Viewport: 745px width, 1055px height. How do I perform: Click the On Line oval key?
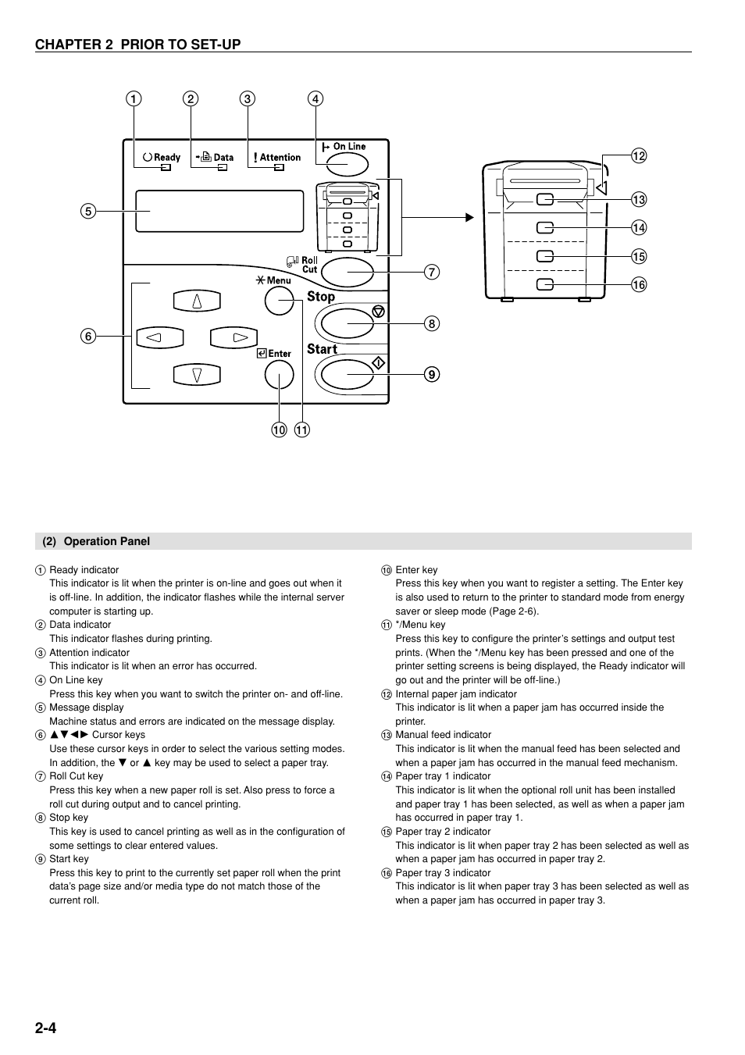(x=347, y=164)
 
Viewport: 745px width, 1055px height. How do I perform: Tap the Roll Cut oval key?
(x=347, y=272)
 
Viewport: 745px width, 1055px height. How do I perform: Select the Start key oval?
(x=348, y=375)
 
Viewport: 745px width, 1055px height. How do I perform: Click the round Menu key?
(x=279, y=301)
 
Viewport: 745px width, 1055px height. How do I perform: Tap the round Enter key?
(x=279, y=376)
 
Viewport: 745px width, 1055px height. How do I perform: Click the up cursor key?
(x=197, y=301)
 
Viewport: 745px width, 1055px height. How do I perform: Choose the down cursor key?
(x=197, y=375)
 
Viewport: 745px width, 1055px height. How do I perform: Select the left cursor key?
(x=159, y=337)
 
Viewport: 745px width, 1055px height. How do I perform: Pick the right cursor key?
(x=234, y=337)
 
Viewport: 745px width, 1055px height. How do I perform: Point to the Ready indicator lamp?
(x=166, y=167)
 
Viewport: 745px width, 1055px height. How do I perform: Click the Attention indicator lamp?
(x=279, y=167)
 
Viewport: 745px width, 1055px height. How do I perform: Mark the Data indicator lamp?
(x=222, y=167)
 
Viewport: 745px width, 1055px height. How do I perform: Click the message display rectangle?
(x=219, y=211)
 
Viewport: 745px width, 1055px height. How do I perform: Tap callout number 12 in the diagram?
(x=639, y=156)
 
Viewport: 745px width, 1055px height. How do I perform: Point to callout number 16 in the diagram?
(x=639, y=285)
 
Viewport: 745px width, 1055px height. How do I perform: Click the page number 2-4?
(x=45, y=1028)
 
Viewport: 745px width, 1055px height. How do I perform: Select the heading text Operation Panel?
(x=106, y=541)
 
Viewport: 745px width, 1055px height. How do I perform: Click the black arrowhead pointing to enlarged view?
(x=469, y=218)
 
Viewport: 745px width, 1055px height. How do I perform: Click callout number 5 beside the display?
(x=87, y=211)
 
